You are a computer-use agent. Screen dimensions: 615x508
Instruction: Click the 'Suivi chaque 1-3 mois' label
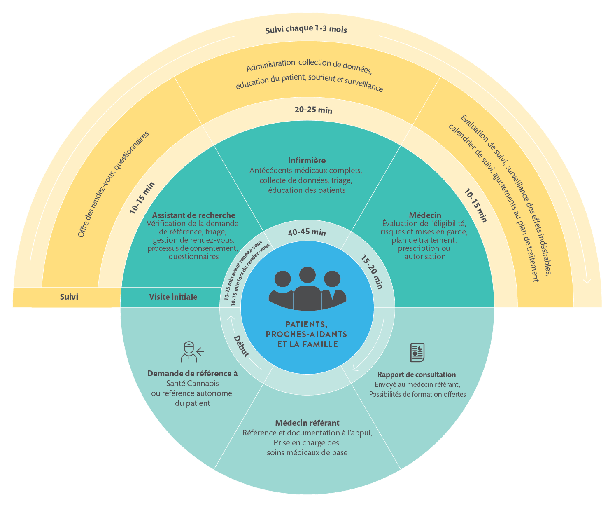coord(306,29)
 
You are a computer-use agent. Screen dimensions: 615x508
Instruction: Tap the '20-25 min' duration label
coord(313,110)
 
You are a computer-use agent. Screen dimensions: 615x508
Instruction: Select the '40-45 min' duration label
coord(307,232)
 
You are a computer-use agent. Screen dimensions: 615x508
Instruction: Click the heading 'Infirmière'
coord(307,160)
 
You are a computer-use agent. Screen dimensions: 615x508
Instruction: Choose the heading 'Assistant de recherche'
coord(193,215)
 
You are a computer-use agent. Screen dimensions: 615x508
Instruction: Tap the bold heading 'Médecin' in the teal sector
coord(425,215)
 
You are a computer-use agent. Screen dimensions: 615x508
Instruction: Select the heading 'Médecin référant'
coord(307,423)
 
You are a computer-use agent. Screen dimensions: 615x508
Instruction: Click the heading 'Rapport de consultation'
coord(417,375)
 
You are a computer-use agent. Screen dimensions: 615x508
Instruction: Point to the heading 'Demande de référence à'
coord(192,374)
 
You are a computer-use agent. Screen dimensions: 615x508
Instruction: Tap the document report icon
coord(417,352)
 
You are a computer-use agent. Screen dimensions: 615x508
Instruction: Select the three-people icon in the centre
coord(307,288)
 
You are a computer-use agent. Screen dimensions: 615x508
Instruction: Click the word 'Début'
coord(242,346)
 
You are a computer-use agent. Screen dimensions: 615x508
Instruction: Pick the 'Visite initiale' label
coord(173,297)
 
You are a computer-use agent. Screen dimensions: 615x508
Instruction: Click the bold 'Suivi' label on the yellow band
coord(69,297)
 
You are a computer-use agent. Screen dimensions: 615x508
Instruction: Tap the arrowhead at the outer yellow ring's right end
coord(587,281)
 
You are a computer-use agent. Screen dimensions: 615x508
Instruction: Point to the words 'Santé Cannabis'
coord(192,383)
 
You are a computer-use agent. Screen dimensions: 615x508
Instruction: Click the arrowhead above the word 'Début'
coord(231,318)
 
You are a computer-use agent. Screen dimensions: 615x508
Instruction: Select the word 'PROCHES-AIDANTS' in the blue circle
coord(307,334)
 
